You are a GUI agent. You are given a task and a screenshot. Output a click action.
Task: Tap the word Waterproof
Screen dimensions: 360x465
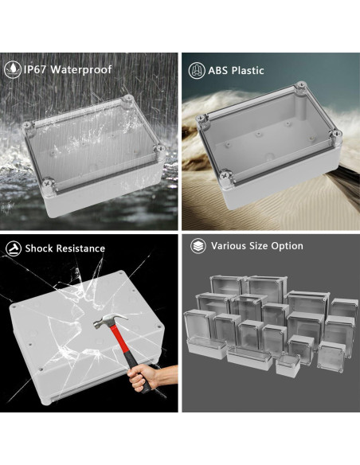(x=81, y=69)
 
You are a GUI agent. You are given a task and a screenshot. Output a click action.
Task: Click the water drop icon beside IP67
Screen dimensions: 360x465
(x=13, y=69)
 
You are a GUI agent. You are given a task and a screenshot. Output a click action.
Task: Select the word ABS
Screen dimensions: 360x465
(x=218, y=71)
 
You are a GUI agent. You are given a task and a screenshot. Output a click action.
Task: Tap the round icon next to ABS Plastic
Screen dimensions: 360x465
(x=197, y=71)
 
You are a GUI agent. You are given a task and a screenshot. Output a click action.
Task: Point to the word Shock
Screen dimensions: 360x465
(x=39, y=248)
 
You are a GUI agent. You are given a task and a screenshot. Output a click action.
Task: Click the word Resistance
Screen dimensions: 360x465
(x=80, y=248)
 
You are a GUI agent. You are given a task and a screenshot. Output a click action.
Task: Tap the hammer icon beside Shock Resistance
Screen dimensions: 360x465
(x=14, y=248)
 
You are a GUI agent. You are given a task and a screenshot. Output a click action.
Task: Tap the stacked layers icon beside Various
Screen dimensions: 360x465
(x=198, y=246)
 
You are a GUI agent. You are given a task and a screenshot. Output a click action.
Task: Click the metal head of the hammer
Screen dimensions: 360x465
(x=110, y=320)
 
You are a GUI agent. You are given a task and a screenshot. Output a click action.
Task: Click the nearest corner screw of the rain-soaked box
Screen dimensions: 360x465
(x=48, y=184)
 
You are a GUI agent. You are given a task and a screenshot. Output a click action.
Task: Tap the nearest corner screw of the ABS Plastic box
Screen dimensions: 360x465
(x=225, y=174)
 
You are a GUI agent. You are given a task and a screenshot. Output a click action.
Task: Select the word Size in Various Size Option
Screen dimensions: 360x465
(x=259, y=246)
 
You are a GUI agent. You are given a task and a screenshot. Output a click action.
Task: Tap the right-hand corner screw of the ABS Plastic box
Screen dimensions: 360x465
(x=336, y=133)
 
